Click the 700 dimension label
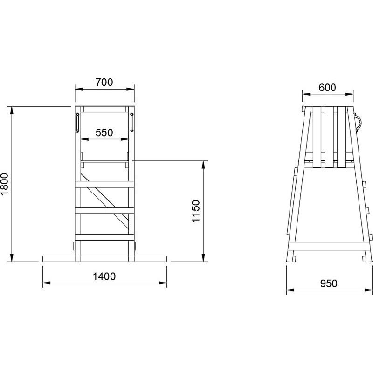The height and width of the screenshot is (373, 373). tap(104, 83)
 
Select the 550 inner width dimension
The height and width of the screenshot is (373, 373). tap(104, 132)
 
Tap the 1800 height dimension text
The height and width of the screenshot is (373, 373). tap(5, 184)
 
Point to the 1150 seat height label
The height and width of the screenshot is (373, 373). tap(196, 211)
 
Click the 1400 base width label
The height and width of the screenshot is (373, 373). tap(104, 276)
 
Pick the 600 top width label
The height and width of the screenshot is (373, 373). tap(327, 88)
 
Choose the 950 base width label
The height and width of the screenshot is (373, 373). tap(329, 283)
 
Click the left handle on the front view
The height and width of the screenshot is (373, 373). tap(77, 123)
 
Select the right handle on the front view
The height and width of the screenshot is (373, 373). tap(132, 123)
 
